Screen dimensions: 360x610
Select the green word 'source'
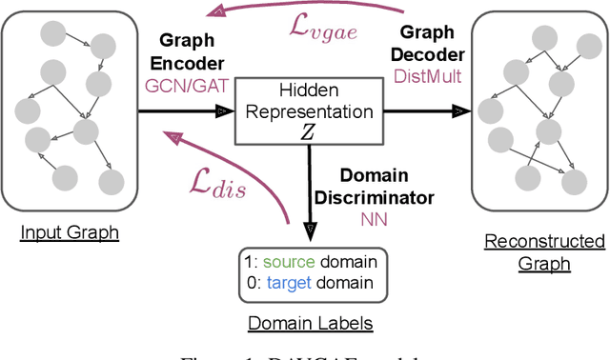285,260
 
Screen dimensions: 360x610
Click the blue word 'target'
287,284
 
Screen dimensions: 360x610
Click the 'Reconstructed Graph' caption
544,251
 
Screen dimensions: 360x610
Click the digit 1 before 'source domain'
248,260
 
